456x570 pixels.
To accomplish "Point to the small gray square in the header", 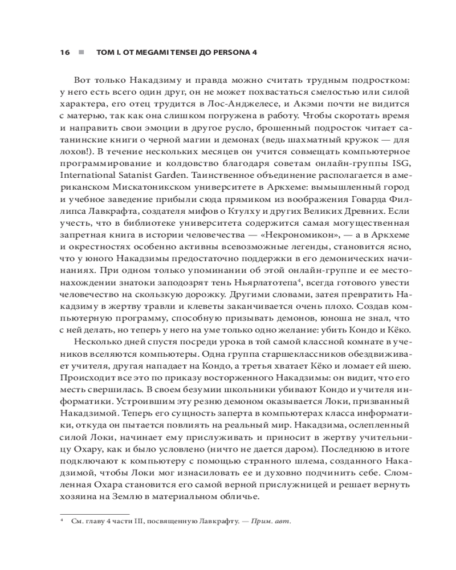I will click(x=82, y=52).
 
